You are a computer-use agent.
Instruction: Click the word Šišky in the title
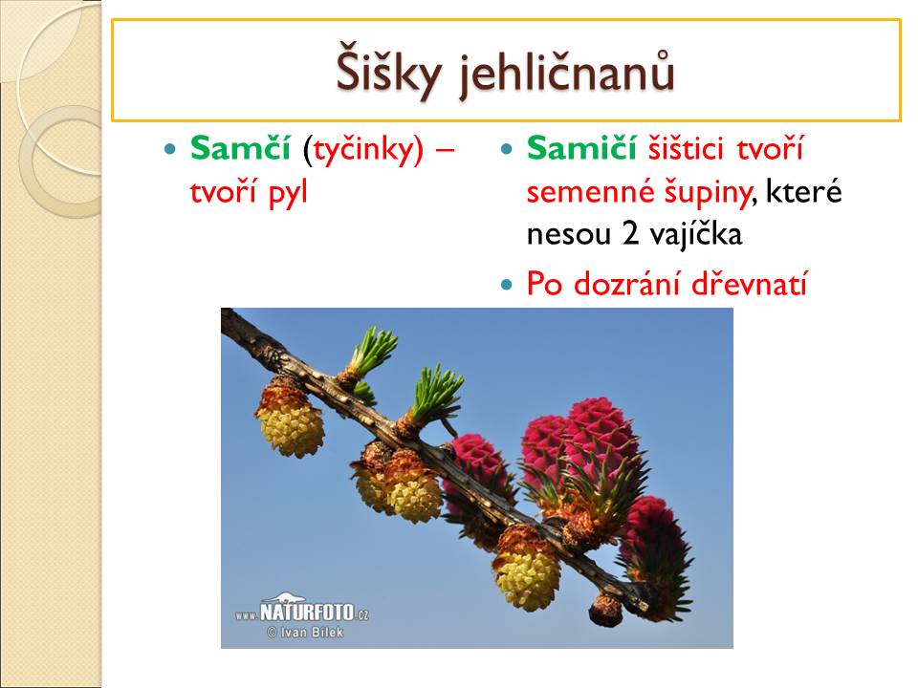click(388, 73)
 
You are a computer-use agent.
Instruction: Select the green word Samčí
click(240, 149)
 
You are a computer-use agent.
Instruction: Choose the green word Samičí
click(581, 148)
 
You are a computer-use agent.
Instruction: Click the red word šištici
click(686, 149)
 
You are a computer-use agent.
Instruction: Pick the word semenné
click(591, 192)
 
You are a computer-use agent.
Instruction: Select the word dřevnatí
click(750, 284)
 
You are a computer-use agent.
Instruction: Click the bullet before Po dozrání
click(507, 285)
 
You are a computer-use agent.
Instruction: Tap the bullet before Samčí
click(170, 150)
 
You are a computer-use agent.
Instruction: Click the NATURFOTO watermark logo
click(302, 609)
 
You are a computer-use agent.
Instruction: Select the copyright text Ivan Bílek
click(305, 633)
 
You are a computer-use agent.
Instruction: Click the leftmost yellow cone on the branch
click(291, 419)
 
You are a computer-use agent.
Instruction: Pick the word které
click(804, 192)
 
